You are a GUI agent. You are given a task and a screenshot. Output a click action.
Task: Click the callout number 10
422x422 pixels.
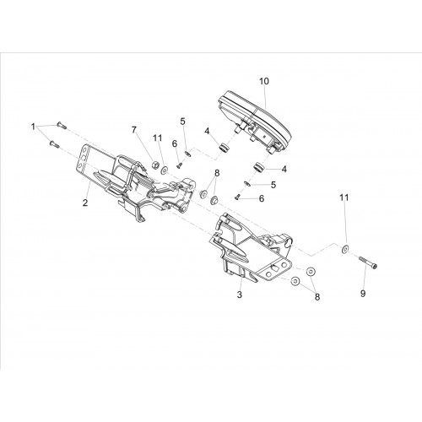click(x=264, y=81)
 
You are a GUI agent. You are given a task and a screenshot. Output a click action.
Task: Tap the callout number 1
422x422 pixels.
click(x=33, y=127)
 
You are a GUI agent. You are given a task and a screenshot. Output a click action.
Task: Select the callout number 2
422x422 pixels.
click(x=85, y=203)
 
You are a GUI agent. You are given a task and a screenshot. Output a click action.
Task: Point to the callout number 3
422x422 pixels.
click(x=240, y=295)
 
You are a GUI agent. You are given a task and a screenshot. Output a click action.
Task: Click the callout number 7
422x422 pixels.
click(x=134, y=130)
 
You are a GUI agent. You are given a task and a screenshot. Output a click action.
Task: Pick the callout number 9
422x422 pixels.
click(x=363, y=294)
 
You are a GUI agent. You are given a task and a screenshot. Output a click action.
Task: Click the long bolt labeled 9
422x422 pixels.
click(x=367, y=262)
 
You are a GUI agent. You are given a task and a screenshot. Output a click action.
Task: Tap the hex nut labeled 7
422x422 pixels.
click(x=154, y=165)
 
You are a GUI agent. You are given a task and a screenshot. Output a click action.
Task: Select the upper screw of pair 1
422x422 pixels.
click(x=61, y=126)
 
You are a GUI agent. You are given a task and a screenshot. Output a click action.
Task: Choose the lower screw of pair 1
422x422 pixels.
click(x=54, y=143)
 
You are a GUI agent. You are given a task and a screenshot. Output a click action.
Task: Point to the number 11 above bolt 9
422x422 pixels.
click(x=344, y=197)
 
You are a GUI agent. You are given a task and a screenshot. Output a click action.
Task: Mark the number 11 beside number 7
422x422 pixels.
click(x=158, y=138)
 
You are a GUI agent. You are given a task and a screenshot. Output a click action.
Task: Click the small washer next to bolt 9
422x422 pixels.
click(x=344, y=248)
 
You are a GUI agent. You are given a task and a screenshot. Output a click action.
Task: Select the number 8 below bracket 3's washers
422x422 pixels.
click(x=317, y=297)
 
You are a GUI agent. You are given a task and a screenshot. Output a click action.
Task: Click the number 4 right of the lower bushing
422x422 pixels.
click(x=284, y=169)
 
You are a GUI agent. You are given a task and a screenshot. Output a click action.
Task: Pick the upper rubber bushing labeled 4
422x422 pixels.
click(x=224, y=148)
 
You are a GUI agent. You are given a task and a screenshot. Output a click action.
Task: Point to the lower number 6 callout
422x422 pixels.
click(x=262, y=198)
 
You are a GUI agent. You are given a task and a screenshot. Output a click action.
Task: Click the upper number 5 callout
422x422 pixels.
click(x=183, y=122)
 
